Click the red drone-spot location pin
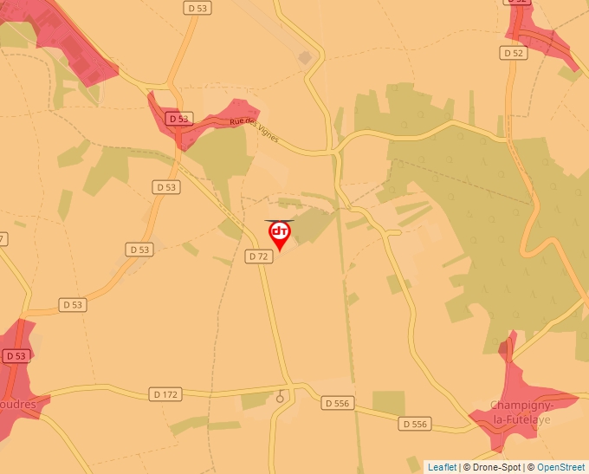point(280,234)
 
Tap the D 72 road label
point(258,256)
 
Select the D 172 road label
point(165,394)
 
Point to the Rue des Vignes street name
point(254,131)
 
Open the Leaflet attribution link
point(442,467)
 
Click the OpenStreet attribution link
point(562,467)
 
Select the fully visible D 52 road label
point(514,53)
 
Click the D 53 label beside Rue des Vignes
point(178,119)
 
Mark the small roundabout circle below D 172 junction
point(280,399)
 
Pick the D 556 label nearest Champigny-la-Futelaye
point(415,424)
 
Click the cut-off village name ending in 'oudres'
point(18,403)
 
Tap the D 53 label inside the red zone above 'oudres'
point(16,356)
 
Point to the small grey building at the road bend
point(305,58)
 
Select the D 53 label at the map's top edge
point(197,7)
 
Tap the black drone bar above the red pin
point(280,221)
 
